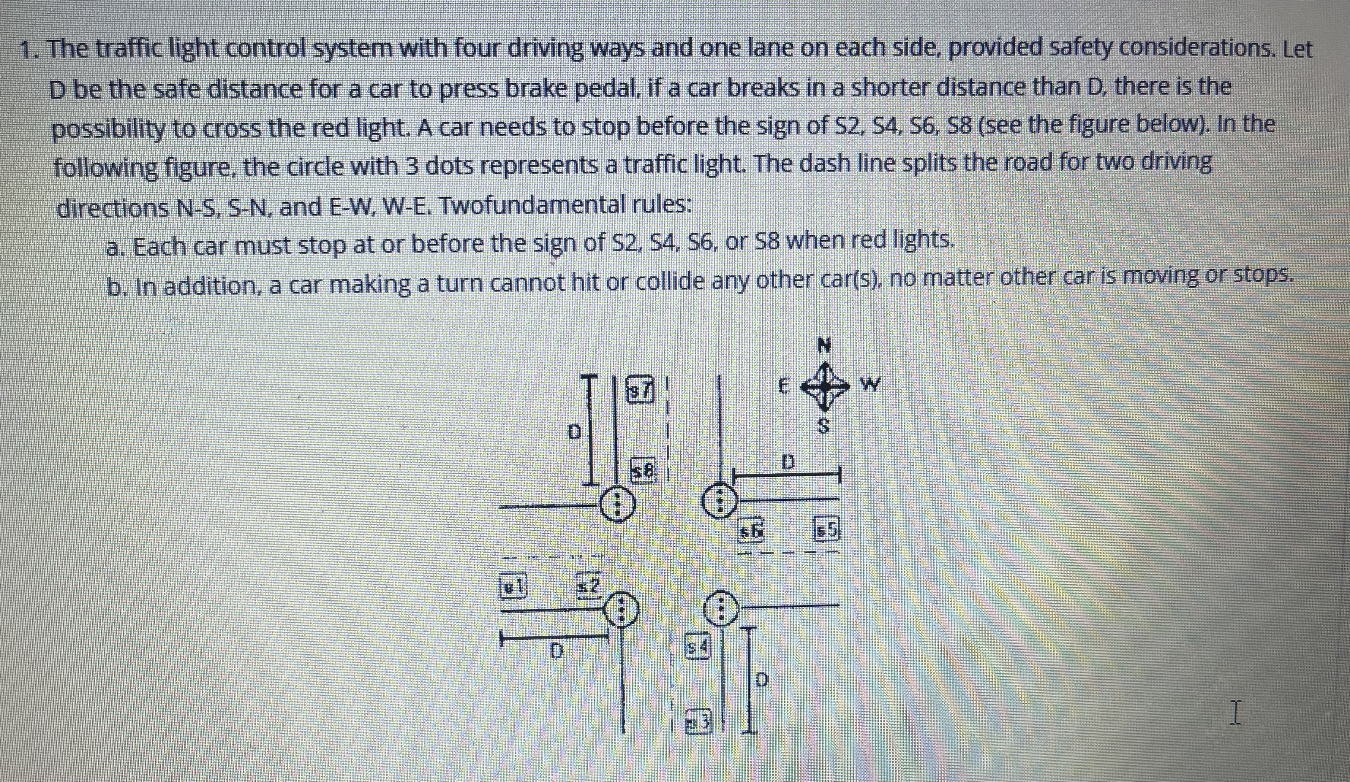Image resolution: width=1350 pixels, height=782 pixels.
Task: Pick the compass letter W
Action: pos(869,385)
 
